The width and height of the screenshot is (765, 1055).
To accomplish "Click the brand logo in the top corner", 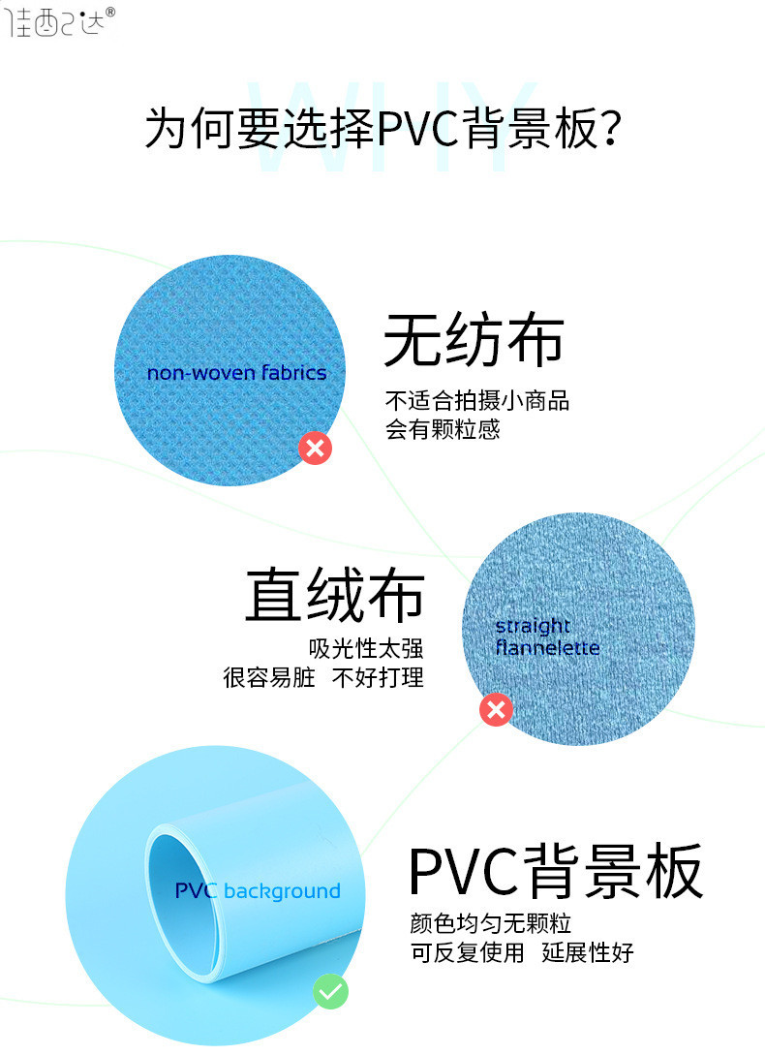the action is click(x=61, y=21).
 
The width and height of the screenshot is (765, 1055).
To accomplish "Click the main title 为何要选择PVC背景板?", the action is click(x=382, y=129).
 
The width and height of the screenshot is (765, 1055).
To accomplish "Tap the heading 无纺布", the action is click(x=474, y=340).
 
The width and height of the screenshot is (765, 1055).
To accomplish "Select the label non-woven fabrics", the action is click(x=236, y=373).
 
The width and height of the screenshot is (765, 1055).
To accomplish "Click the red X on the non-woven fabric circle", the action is click(x=315, y=448).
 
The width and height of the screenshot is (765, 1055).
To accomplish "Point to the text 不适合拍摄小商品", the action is click(x=476, y=400).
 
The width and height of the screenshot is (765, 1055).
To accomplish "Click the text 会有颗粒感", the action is click(x=443, y=429).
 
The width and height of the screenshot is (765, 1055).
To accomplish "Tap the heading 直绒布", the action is click(x=334, y=594).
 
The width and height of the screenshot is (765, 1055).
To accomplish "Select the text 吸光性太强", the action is click(x=366, y=649).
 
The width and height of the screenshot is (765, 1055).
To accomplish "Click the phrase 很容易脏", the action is click(x=269, y=678).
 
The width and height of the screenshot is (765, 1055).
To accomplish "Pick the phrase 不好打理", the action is click(x=378, y=678).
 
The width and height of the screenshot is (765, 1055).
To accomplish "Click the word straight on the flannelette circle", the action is click(x=533, y=626).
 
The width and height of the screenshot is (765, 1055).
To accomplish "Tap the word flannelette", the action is click(x=547, y=648).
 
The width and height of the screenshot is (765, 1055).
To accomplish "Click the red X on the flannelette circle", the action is click(x=497, y=710).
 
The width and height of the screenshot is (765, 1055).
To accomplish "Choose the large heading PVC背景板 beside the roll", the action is click(x=555, y=871).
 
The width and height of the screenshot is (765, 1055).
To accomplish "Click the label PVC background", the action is click(x=258, y=891).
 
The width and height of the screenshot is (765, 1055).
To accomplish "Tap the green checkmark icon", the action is click(x=330, y=992).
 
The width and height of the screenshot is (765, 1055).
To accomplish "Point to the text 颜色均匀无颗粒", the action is click(x=490, y=923).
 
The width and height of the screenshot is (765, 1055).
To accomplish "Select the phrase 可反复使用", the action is click(x=467, y=952).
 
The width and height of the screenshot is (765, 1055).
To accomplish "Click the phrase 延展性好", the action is click(x=588, y=952).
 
